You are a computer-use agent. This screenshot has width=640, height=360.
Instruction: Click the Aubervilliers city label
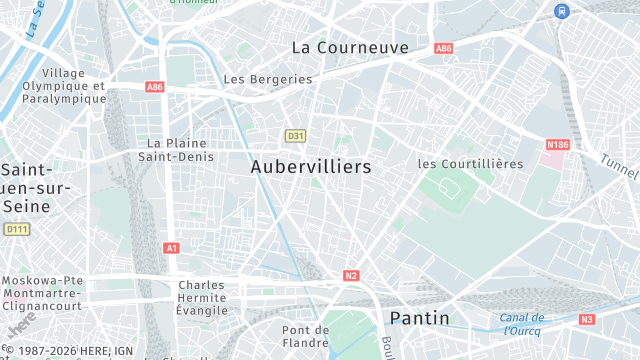point(311,167)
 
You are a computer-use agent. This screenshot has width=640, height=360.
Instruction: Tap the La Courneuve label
point(350,47)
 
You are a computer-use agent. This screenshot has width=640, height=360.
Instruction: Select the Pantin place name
point(418,319)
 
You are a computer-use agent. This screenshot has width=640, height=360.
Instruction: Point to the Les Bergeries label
point(268,79)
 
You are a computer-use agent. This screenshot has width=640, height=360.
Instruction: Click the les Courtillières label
point(470,163)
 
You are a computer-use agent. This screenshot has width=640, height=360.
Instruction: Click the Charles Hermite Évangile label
point(202,297)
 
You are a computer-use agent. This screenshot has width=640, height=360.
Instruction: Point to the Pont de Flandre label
point(306,337)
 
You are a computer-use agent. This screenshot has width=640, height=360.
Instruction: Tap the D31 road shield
point(294,135)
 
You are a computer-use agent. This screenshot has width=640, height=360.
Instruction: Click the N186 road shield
point(557,145)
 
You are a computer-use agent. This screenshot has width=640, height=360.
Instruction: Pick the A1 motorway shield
point(171,247)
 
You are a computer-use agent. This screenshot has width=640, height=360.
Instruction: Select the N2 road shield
point(351,275)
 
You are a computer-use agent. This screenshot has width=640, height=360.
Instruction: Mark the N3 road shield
point(587,320)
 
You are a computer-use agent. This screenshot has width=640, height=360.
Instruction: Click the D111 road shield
point(17,229)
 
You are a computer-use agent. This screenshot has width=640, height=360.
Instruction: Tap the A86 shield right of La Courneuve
point(444,48)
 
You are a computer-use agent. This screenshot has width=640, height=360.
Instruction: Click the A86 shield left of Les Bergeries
point(154,87)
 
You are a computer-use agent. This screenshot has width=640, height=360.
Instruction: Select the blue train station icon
point(562,10)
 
